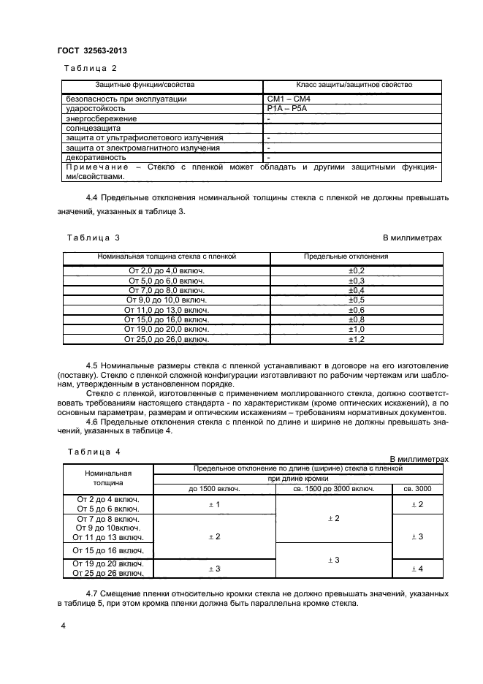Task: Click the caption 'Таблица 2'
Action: (x=92, y=68)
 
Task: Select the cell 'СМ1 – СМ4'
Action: (x=289, y=99)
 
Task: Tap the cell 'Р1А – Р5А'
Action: (x=287, y=108)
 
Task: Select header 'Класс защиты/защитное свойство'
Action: (x=354, y=85)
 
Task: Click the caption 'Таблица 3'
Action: (x=93, y=238)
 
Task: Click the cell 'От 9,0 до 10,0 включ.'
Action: (x=167, y=300)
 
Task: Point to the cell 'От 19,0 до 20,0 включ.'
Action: (x=167, y=330)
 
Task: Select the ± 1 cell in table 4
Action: (x=215, y=504)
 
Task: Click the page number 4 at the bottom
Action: (x=64, y=626)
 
